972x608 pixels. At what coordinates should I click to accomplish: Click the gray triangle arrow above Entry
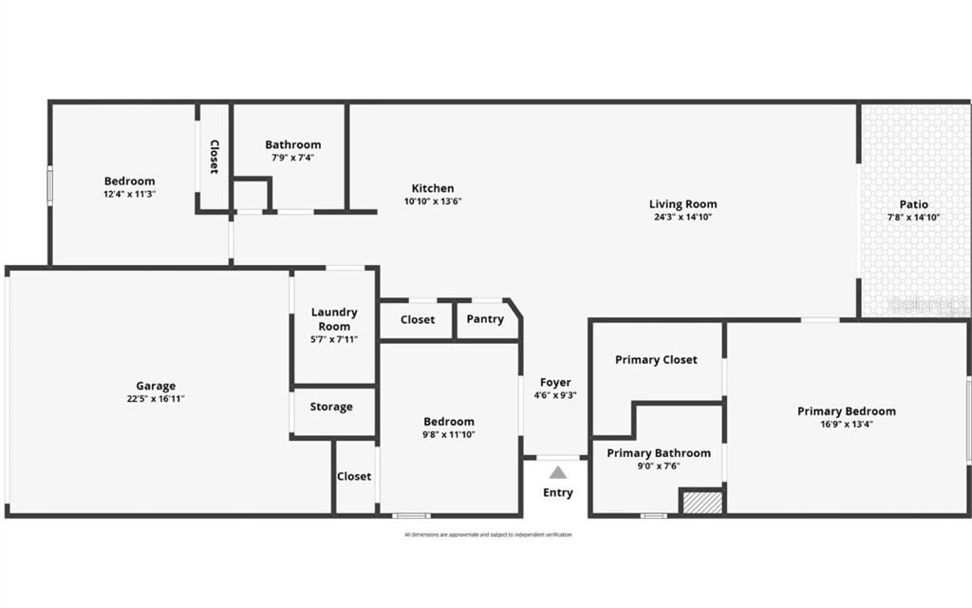coord(558,472)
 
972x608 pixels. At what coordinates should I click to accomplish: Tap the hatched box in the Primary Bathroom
coord(702,502)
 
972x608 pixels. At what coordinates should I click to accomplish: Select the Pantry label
coord(485,319)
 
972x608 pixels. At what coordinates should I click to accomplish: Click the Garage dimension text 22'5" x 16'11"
coord(156,399)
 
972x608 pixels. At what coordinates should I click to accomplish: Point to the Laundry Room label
coord(334,318)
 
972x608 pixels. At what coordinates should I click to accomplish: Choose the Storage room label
coord(331,407)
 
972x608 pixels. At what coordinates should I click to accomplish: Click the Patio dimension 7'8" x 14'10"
coord(914,218)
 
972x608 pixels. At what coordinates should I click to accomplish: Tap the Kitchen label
coord(432,188)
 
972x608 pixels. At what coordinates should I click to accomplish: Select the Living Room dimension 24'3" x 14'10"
coord(682,217)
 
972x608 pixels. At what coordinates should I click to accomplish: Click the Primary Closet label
coord(656,359)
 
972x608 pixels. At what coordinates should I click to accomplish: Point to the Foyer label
coord(555,383)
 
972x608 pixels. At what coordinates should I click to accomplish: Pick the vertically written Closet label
coord(215,157)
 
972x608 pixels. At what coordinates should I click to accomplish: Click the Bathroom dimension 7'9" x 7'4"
coord(292,158)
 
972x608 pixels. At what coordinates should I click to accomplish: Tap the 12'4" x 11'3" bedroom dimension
coord(129,194)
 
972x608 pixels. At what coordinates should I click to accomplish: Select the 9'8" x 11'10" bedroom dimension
coord(449,434)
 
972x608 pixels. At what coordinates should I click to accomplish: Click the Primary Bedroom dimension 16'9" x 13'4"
coord(846,425)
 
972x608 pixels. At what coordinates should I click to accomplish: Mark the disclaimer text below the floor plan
coord(488,535)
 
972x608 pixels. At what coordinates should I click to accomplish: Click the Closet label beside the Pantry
coord(418,319)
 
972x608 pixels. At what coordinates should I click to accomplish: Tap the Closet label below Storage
coord(354,476)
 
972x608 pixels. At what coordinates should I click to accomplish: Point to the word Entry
coord(558,492)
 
